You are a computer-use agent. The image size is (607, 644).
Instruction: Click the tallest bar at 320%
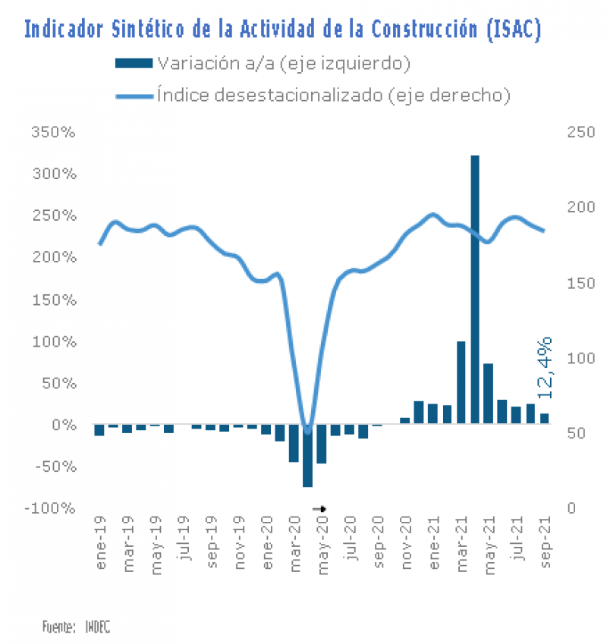coord(474,288)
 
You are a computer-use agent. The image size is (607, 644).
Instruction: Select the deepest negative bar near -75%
coord(307,455)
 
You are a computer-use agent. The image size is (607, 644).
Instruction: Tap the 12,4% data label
coord(545,368)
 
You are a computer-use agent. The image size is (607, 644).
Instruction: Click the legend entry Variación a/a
coord(262,63)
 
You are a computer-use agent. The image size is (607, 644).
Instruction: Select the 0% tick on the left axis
coord(64,425)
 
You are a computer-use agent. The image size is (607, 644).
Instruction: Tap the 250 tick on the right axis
coord(577,132)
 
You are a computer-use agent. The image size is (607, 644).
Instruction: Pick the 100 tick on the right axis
coord(577,357)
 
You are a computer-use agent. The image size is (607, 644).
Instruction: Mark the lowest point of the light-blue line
coord(307,431)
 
